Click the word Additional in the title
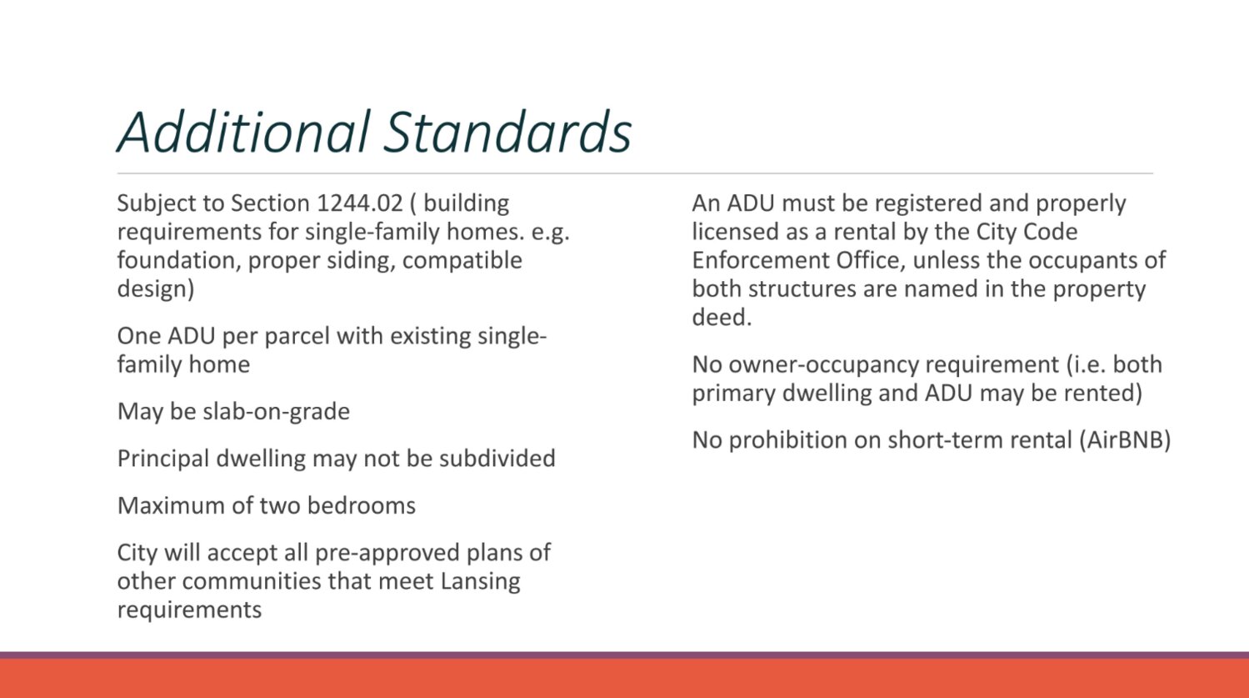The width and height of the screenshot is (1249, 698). click(243, 132)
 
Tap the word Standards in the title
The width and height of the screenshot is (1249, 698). click(508, 132)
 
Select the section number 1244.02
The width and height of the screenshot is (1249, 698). click(360, 203)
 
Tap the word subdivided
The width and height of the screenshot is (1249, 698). click(497, 459)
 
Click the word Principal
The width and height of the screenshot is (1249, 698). click(162, 459)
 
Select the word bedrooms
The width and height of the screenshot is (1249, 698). click(362, 506)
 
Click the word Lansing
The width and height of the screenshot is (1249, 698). click(480, 582)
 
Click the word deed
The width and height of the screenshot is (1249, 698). click(722, 318)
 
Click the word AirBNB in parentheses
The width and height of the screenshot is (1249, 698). click(1125, 440)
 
